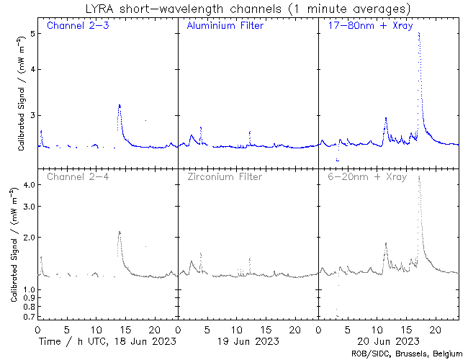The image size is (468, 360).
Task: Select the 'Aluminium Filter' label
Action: pos(225,27)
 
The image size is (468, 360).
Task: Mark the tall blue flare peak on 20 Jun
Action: pos(419,34)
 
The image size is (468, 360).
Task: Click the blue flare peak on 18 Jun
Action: pos(120,106)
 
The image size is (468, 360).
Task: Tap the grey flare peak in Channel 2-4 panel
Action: pos(120,232)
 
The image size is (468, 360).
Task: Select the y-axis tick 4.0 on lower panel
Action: pos(29,185)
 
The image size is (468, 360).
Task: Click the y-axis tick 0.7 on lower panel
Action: pos(29,317)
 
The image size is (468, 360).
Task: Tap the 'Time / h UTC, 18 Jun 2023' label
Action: pos(107,341)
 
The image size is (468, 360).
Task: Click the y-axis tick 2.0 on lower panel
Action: pos(29,238)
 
